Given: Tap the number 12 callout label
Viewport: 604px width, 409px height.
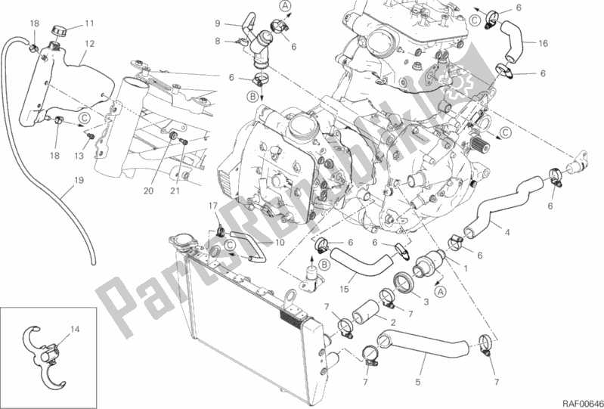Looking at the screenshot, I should tap(89, 45).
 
